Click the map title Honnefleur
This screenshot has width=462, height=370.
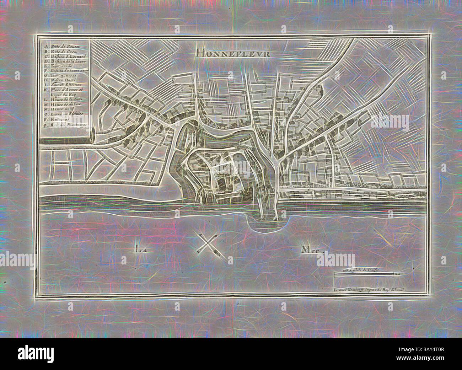pyautogui.click(x=232, y=54)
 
